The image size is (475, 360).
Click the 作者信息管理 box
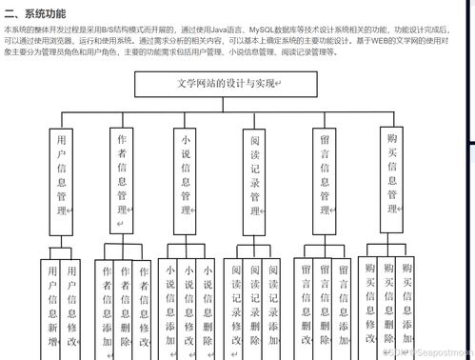pyautogui.click(x=122, y=177)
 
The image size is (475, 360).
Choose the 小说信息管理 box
pyautogui.click(x=186, y=177)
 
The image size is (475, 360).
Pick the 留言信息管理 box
pyautogui.click(x=325, y=177)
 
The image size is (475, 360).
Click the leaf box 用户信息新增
pyautogui.click(x=51, y=305)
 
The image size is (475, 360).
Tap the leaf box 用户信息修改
pyautogui.click(x=71, y=305)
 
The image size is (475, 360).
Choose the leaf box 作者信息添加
pyautogui.click(x=106, y=305)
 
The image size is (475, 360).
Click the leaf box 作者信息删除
pyautogui.click(x=125, y=305)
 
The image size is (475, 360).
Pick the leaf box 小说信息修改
pyautogui.click(x=188, y=305)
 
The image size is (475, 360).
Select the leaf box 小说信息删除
pyautogui.click(x=207, y=305)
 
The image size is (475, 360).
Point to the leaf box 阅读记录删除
pyautogui.click(x=254, y=305)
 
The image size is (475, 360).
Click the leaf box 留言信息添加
pyautogui.click(x=343, y=305)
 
